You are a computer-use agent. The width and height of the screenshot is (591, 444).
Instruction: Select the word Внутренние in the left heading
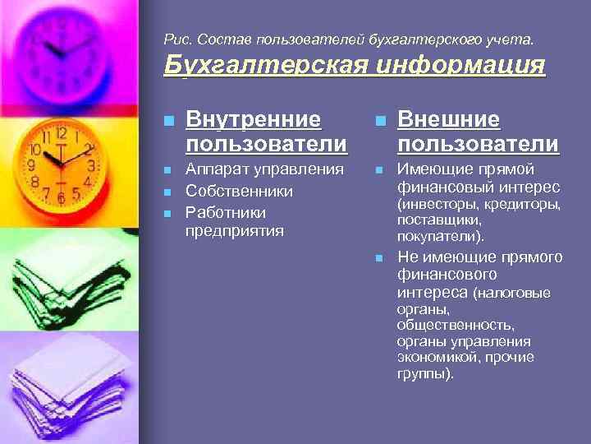click(253, 119)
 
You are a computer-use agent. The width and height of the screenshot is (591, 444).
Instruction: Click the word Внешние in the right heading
click(448, 119)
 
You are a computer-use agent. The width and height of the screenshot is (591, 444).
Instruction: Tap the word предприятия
click(235, 231)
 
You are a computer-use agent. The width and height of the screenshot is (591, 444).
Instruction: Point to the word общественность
click(456, 325)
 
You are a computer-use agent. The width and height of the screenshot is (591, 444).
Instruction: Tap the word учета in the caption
click(513, 39)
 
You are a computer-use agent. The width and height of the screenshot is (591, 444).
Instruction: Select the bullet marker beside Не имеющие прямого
click(379, 258)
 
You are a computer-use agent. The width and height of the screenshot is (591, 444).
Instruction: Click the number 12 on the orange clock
click(60, 134)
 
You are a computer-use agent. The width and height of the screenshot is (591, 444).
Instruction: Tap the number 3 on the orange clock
click(92, 165)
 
